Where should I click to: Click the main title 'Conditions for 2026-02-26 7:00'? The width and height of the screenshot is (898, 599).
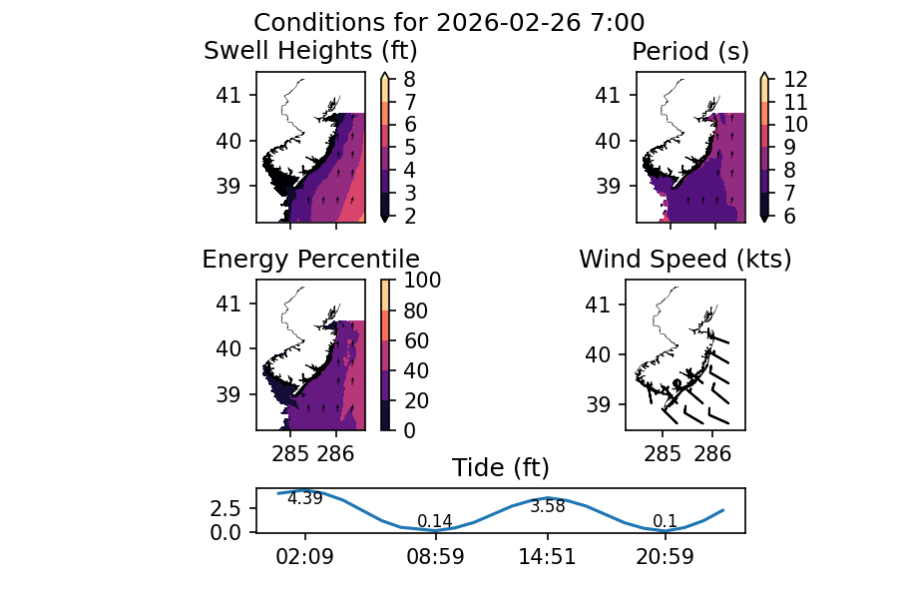(x=448, y=23)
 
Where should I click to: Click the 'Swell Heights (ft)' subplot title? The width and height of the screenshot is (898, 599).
(x=310, y=51)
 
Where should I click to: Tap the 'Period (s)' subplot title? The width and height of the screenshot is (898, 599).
(x=690, y=51)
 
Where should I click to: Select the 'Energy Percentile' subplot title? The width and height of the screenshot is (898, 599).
(x=310, y=260)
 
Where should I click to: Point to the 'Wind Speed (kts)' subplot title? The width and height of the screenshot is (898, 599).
(x=685, y=260)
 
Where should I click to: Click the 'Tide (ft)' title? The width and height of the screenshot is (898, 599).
(x=500, y=468)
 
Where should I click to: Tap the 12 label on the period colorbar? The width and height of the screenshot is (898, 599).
(x=796, y=79)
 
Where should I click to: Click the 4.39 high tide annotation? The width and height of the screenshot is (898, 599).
(x=304, y=499)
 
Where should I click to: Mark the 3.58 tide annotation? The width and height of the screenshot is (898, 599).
(x=547, y=507)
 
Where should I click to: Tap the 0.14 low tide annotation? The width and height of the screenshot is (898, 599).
(x=434, y=521)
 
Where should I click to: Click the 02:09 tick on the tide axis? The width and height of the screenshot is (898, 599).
(x=304, y=557)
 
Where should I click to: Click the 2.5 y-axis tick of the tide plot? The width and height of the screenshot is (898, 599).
(x=225, y=508)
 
